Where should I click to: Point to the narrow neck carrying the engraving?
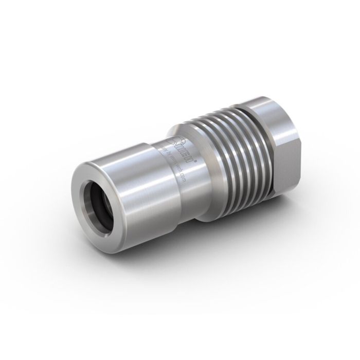[x=177, y=170]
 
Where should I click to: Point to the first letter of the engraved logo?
[x=178, y=139]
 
